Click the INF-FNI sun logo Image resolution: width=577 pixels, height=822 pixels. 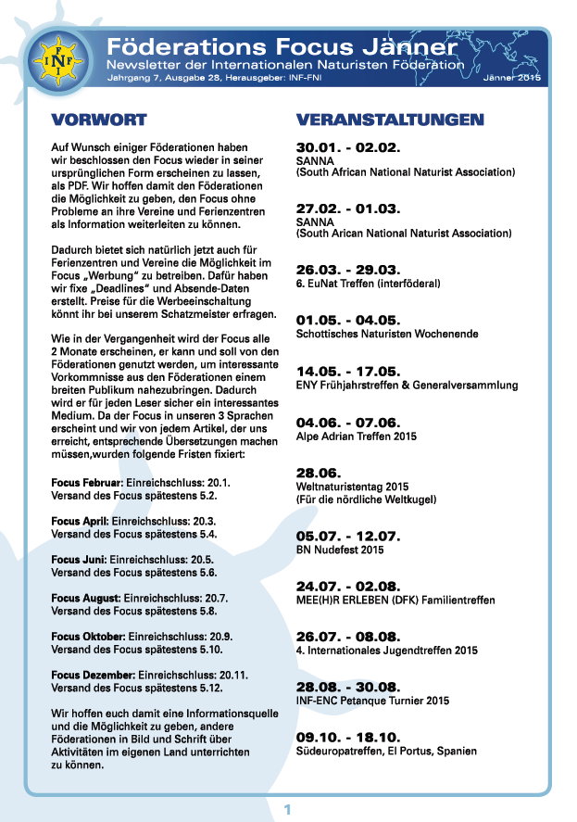pos(54,60)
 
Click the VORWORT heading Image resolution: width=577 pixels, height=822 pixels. pos(99,120)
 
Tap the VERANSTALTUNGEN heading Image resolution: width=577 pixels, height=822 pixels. pos(389,120)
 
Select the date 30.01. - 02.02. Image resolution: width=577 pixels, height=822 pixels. pos(347,147)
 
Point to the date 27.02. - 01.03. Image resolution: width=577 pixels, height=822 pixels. pos(347,209)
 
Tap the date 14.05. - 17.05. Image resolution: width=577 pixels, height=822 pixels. pos(347,371)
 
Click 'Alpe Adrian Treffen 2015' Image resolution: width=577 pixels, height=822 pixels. pos(357,436)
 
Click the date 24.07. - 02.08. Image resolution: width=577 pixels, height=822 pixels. pos(347,587)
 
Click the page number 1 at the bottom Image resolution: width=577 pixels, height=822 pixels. pos(288,810)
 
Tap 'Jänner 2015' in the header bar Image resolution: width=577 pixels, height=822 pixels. pos(511,81)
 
